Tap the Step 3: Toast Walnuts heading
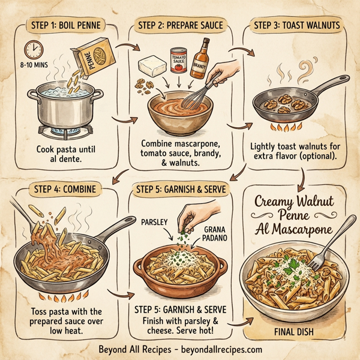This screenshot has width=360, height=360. [296, 26]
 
